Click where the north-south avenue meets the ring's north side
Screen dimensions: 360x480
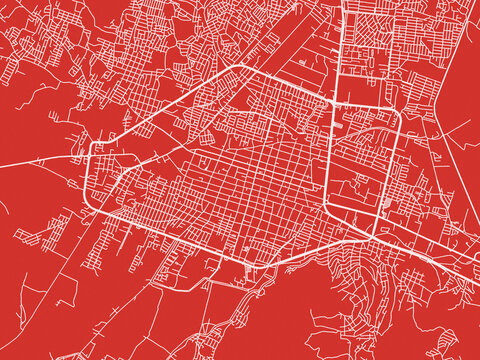click(333, 104)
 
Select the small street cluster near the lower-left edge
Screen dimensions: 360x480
click(40, 235)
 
